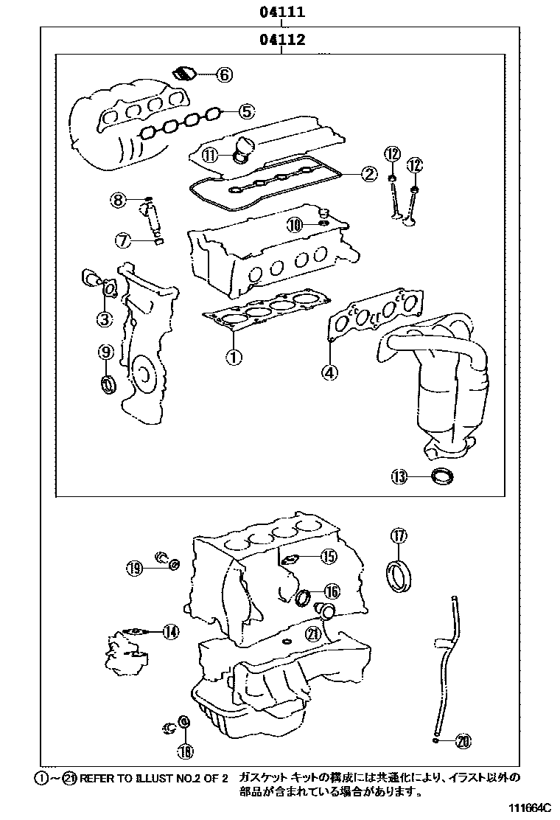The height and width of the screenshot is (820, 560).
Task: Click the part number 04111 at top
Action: [281, 13]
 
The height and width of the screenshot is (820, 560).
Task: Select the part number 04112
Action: [281, 40]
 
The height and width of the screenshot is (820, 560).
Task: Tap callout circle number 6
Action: [224, 74]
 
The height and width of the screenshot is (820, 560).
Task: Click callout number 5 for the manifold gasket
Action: [246, 112]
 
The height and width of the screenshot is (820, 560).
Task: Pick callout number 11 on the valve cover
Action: [211, 155]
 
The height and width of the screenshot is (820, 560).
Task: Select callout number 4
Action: [329, 372]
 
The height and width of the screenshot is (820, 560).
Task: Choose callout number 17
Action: [398, 536]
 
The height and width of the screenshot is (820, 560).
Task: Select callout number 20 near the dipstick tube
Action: [463, 740]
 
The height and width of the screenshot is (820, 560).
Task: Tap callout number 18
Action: [185, 751]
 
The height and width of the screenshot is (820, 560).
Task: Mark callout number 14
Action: [170, 631]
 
